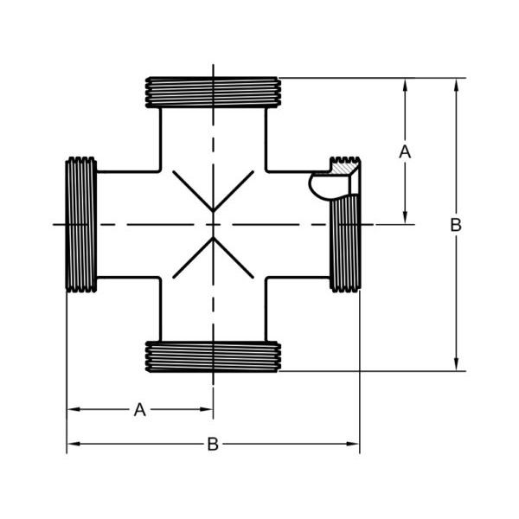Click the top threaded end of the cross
[213, 92]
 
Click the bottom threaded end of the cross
[213, 356]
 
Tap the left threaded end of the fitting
[81, 224]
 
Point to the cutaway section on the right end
[333, 183]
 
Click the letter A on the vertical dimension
[404, 151]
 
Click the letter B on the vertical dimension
[456, 224]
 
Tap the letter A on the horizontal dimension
[139, 410]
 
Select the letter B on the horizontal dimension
[213, 445]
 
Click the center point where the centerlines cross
[213, 224]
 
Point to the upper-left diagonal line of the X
[192, 190]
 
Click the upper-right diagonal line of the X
[234, 190]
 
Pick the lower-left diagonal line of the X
[192, 259]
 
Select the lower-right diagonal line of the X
[234, 259]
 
